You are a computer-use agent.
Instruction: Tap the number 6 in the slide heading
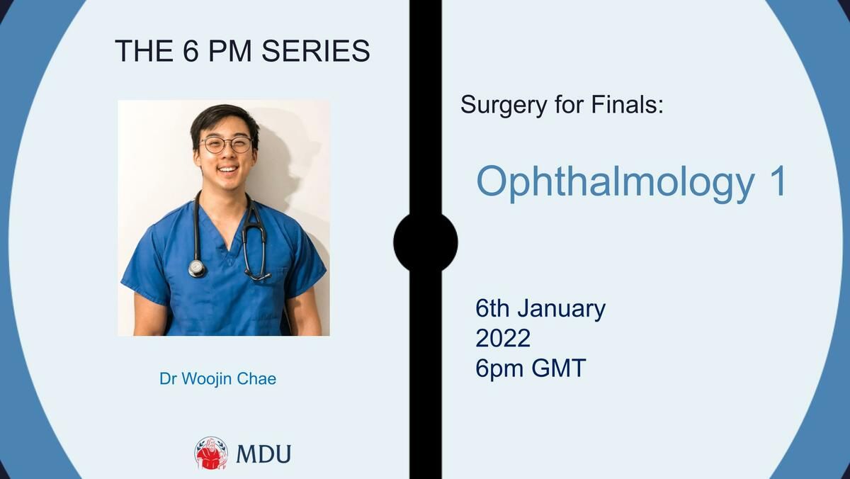click(x=191, y=51)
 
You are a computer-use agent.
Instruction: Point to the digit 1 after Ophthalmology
click(x=778, y=181)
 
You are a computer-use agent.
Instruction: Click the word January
click(x=562, y=310)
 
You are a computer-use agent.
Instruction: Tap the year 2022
click(x=503, y=338)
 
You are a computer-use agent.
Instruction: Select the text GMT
click(x=559, y=368)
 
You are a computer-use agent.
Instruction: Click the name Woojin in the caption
click(x=207, y=379)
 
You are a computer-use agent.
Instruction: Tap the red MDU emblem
click(x=211, y=453)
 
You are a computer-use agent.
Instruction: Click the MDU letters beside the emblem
click(x=263, y=453)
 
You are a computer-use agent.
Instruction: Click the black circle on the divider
click(x=426, y=242)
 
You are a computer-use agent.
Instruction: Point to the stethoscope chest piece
click(x=197, y=269)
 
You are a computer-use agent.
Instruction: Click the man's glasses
click(x=226, y=145)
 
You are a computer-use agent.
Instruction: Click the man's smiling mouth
click(x=227, y=169)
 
